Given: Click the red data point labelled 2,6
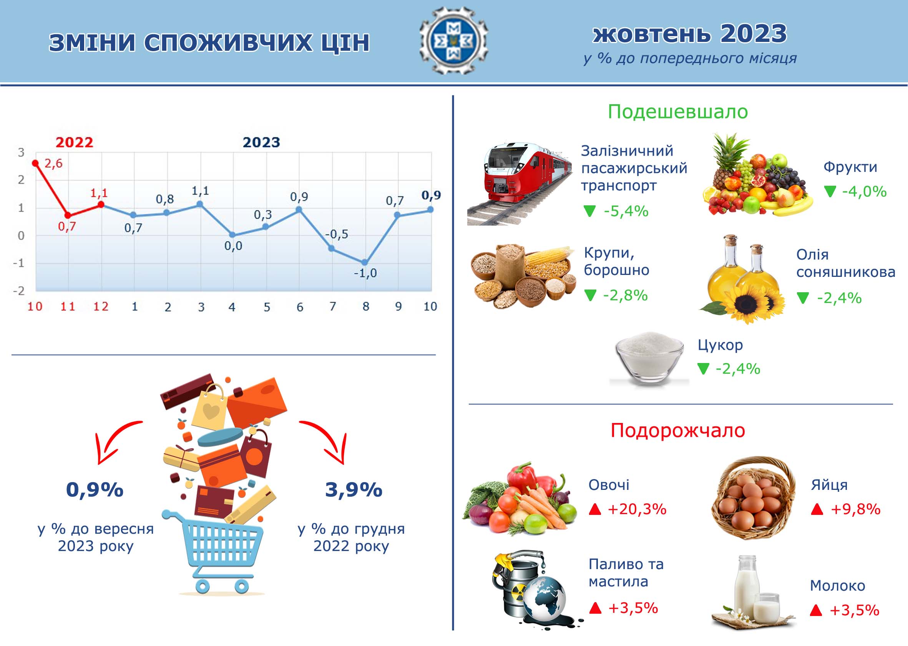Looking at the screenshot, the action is click(35, 163).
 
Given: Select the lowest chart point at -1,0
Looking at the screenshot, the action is click(365, 263).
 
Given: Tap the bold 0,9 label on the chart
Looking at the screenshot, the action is click(432, 195).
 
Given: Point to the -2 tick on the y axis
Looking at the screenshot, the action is click(19, 291).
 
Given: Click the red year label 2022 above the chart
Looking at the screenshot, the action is click(74, 142).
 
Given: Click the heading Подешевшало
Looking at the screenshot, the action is click(678, 112).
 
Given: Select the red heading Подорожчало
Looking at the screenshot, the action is click(678, 430).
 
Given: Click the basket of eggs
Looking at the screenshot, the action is click(752, 498).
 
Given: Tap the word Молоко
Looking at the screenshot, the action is click(838, 586).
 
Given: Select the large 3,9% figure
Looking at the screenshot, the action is click(354, 489).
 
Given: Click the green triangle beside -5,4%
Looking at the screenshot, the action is click(589, 211).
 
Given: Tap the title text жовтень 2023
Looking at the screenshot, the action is click(690, 34).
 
